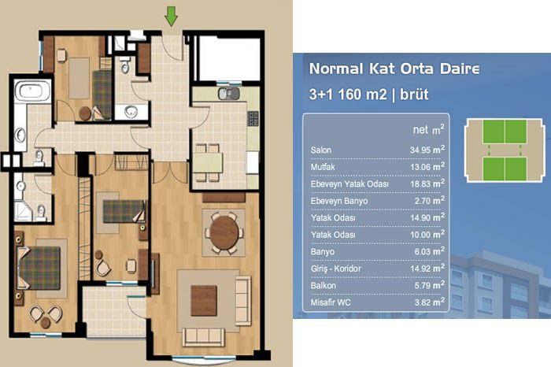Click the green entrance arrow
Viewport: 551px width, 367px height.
[171, 17]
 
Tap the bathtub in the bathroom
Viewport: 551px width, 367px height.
[32, 91]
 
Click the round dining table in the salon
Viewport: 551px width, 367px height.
[224, 232]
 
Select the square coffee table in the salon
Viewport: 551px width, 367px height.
[204, 301]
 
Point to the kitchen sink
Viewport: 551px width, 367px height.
[229, 94]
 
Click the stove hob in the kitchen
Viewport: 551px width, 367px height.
[253, 118]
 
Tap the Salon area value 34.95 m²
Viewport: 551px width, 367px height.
[427, 150]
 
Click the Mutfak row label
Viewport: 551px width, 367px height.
[323, 167]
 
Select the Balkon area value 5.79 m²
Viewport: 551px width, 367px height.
[430, 285]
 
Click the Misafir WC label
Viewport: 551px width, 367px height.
[331, 302]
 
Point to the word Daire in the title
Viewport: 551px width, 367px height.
[460, 69]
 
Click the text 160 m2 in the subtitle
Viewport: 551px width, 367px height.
[362, 95]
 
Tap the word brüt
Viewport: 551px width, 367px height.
[414, 95]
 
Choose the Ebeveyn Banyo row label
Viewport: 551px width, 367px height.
[339, 201]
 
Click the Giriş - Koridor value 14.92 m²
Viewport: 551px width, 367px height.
[427, 269]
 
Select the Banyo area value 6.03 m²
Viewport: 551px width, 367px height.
[430, 251]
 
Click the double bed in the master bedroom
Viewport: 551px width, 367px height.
[39, 268]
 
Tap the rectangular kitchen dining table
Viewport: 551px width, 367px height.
[208, 162]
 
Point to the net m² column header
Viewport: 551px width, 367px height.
[428, 130]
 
